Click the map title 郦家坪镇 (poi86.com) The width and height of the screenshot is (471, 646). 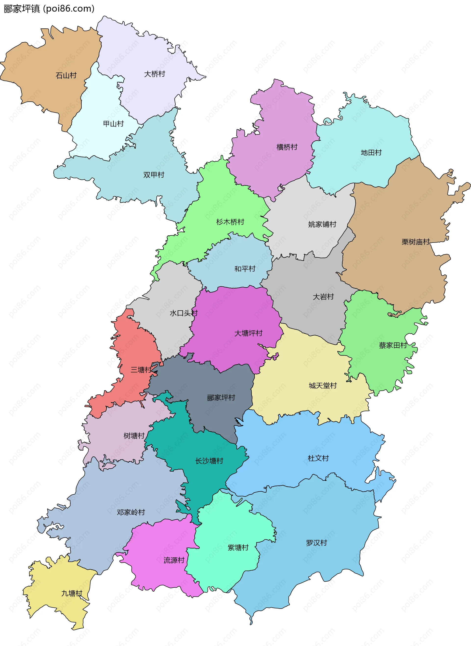pyautogui.click(x=49, y=9)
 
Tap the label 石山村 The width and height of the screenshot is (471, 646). pyautogui.click(x=66, y=75)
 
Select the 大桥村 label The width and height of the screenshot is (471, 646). pyautogui.click(x=155, y=74)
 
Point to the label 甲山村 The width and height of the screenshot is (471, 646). pyautogui.click(x=113, y=124)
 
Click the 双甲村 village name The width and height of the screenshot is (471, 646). pyautogui.click(x=154, y=175)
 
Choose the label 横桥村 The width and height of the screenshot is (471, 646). pyautogui.click(x=287, y=147)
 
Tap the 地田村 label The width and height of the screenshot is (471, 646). pyautogui.click(x=371, y=153)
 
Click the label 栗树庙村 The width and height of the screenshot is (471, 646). pyautogui.click(x=415, y=242)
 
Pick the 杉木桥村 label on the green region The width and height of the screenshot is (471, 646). pyautogui.click(x=230, y=222)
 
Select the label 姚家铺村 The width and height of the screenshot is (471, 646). pyautogui.click(x=322, y=224)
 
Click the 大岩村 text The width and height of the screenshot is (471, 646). pyautogui.click(x=323, y=297)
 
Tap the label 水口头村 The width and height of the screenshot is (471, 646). pyautogui.click(x=183, y=313)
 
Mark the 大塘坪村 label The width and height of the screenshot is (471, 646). pyautogui.click(x=248, y=333)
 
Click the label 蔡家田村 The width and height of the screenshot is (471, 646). pyautogui.click(x=392, y=345)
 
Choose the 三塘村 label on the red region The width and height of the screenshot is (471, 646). pyautogui.click(x=141, y=370)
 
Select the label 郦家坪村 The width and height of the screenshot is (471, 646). pyautogui.click(x=221, y=398)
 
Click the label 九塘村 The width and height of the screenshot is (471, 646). pyautogui.click(x=72, y=593)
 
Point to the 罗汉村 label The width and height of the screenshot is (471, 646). pyautogui.click(x=316, y=543)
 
